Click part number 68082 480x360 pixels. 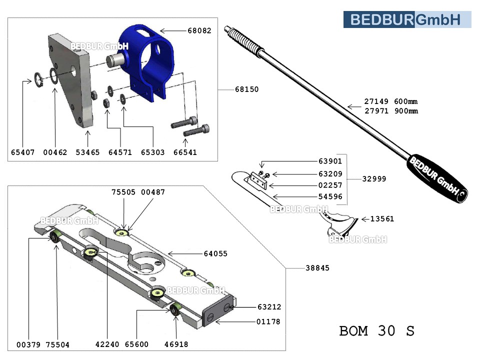pos(199,30)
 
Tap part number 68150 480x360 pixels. pos(247,89)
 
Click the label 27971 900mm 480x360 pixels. pos(390,111)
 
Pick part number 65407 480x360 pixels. pos(22,152)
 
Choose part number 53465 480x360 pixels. pos(87,152)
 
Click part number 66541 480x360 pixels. pos(185,152)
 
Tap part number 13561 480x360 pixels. pos(382,218)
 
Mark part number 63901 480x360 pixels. pos(330,161)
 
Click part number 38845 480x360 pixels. pos(317,268)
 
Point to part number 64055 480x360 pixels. pos(215,254)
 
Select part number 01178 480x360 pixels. pos(268,321)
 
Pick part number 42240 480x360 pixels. pos(107,345)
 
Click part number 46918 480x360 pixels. pos(176,345)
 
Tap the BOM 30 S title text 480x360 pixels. pos(376,331)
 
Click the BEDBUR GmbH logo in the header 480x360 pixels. pos(407,19)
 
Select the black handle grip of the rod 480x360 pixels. pos(437,180)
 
